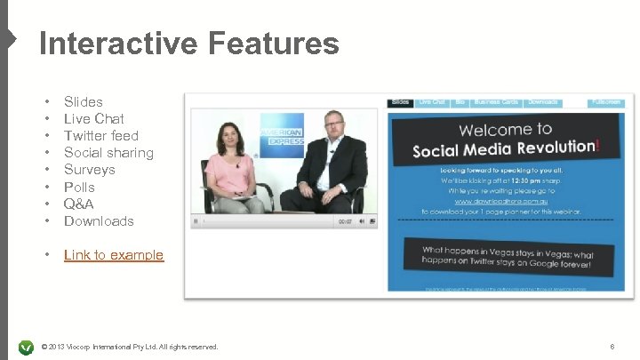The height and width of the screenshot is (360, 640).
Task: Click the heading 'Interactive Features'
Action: [x=188, y=44]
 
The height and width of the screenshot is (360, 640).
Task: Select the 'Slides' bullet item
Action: [x=83, y=101]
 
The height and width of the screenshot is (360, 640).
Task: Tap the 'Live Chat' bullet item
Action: [x=93, y=118]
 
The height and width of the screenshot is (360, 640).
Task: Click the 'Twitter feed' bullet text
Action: [x=100, y=135]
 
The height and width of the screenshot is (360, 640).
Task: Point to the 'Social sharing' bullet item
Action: [x=108, y=152]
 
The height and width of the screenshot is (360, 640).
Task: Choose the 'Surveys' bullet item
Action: [x=89, y=169]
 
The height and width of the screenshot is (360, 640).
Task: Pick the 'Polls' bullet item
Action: [x=79, y=187]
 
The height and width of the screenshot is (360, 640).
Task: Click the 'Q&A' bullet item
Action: [x=78, y=204]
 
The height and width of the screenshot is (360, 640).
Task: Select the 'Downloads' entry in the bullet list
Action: [x=99, y=220]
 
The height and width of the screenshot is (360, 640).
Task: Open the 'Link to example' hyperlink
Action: [x=114, y=255]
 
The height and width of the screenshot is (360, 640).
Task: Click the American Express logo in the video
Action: [x=281, y=134]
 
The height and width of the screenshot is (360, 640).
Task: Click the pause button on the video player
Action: [x=196, y=221]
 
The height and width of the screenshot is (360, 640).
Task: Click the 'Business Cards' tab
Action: [x=496, y=102]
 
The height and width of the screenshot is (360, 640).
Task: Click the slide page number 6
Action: [x=612, y=346]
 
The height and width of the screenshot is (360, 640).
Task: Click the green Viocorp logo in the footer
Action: [x=26, y=346]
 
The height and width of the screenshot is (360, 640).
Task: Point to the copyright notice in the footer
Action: [x=130, y=346]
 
